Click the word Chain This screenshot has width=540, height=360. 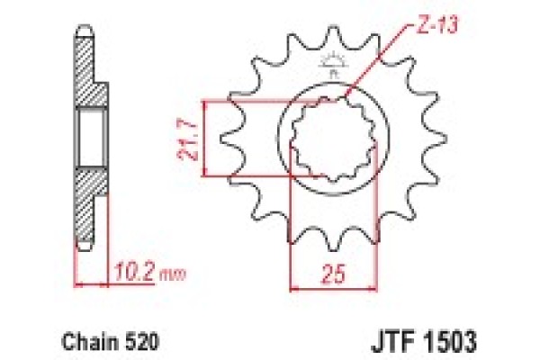(x=84, y=343)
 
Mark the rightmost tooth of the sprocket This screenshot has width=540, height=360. (x=436, y=142)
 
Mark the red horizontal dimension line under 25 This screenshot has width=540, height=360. (x=319, y=289)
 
